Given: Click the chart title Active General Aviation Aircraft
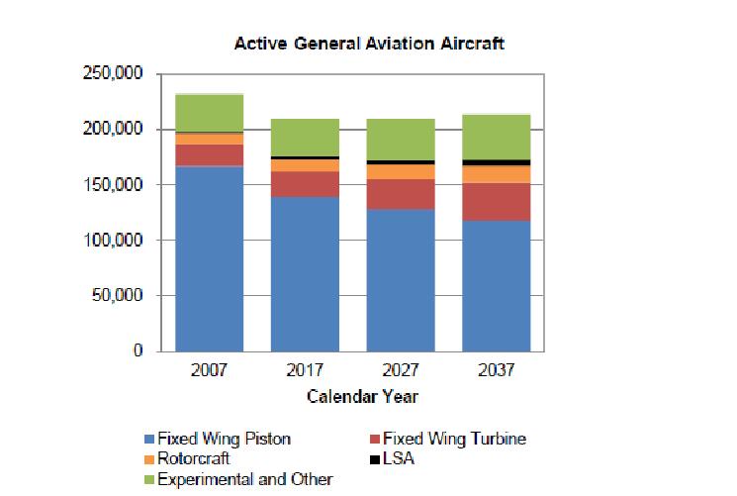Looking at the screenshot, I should tap(369, 45).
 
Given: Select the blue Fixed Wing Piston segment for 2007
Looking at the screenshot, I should tap(210, 257).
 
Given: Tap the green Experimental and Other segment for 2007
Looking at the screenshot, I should tap(210, 113).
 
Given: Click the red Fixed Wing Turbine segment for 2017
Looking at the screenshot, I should tap(306, 183).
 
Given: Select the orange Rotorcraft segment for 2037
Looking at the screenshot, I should tap(497, 174).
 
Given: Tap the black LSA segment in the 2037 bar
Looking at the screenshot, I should tap(497, 162).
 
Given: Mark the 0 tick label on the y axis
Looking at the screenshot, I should tap(139, 351).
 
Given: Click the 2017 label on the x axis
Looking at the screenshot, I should tap(306, 373).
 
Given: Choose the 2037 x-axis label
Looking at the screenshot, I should tap(497, 373).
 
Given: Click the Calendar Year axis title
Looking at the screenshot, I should tap(362, 397).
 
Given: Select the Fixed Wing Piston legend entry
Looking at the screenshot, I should tap(225, 439).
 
